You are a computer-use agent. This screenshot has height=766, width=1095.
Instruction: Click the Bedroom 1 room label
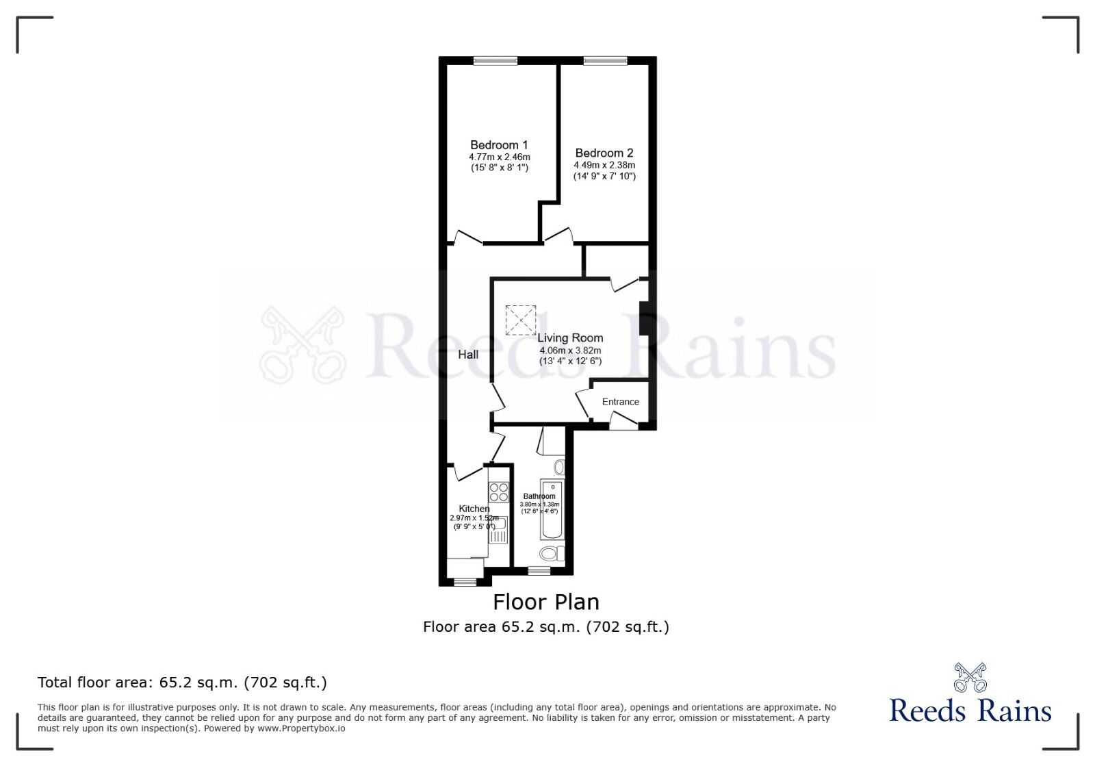(499, 145)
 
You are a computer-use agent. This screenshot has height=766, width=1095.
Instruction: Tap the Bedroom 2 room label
(604, 153)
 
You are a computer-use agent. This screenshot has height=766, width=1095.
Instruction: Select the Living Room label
(570, 338)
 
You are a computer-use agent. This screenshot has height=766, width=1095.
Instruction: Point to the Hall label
(468, 355)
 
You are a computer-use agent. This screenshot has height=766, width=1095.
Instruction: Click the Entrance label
(621, 402)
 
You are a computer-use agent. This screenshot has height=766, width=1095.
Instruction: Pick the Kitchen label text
(474, 509)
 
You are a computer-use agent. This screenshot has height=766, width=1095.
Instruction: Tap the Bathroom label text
(539, 496)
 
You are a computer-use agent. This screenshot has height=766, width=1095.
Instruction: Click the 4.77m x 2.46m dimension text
(499, 157)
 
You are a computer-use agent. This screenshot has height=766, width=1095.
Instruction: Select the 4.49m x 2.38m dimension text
(604, 165)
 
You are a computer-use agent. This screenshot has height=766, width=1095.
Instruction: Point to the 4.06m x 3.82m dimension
(570, 350)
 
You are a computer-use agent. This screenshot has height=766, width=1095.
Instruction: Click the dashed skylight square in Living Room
(521, 320)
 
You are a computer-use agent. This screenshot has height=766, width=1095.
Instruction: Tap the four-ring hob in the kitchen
(499, 492)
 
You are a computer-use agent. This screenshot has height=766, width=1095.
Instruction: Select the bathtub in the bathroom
(552, 510)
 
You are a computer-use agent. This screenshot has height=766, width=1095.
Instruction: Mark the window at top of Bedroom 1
(495, 61)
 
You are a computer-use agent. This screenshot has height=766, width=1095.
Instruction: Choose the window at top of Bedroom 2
(605, 61)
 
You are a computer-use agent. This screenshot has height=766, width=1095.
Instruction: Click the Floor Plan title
(546, 602)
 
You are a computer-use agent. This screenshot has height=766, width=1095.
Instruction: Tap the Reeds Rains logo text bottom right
(970, 711)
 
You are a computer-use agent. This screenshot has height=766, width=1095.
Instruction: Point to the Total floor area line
(182, 682)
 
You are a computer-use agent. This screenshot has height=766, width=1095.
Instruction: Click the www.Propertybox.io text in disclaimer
(301, 728)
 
